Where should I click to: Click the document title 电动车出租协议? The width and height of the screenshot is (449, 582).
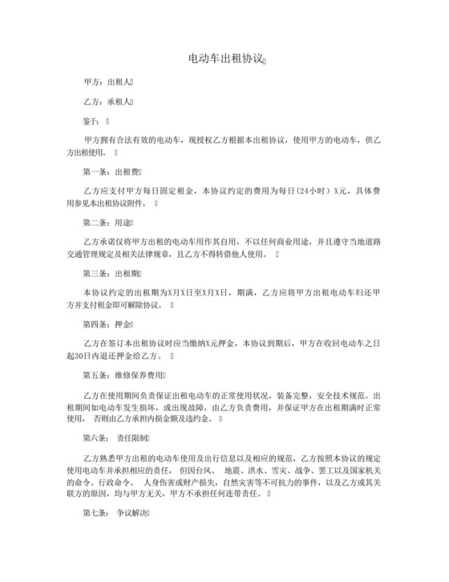point(224,59)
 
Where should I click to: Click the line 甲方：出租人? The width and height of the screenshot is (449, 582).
point(111,82)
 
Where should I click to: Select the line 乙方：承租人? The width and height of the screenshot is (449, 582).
point(111,102)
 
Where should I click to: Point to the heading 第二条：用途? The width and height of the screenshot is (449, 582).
point(107,222)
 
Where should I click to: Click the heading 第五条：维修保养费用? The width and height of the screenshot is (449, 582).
point(125,374)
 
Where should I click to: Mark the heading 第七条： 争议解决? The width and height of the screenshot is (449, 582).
point(115,513)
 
